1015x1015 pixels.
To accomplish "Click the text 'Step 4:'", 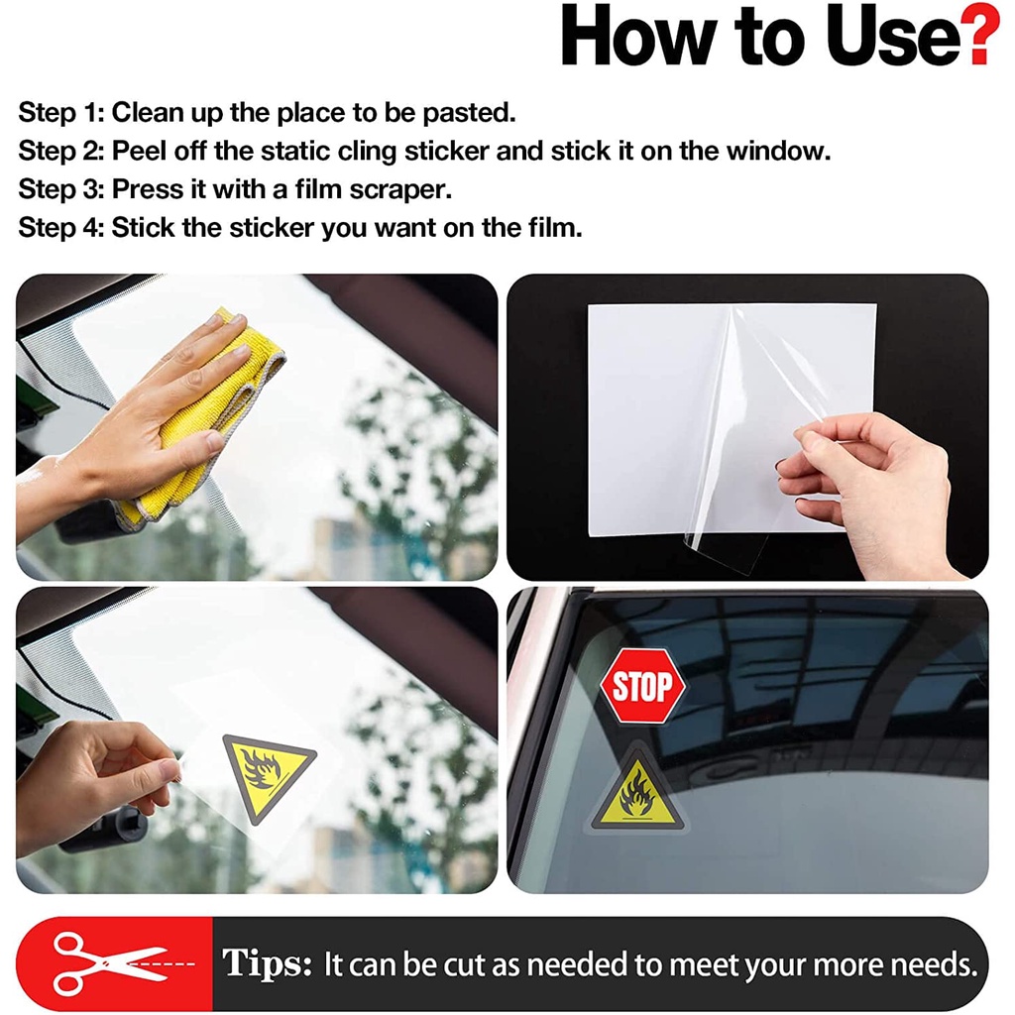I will (60, 228).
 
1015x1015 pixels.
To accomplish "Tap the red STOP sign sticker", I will (642, 686).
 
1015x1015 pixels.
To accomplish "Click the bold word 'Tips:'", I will (267, 963).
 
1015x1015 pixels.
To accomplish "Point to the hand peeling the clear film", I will (872, 486).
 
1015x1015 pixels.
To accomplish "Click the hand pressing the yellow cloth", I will (149, 416).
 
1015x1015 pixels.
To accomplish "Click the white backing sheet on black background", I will (654, 416).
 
